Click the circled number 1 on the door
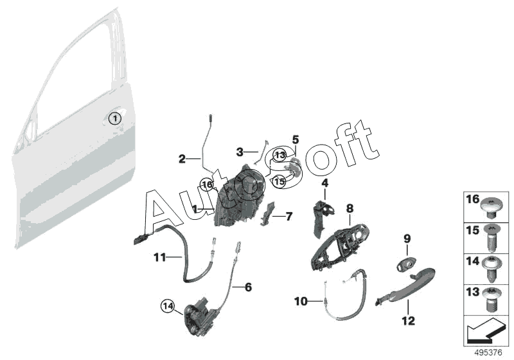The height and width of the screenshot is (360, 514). click(114, 118)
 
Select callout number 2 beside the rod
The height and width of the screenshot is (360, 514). click(182, 158)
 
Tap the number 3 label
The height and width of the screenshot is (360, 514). click(240, 152)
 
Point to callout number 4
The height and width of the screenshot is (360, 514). click(324, 183)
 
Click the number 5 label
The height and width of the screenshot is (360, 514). click(296, 139)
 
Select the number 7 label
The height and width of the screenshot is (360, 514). click(289, 217)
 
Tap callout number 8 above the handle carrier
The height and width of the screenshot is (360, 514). click(350, 208)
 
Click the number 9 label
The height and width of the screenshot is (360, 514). click(406, 239)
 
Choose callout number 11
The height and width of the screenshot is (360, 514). click(160, 257)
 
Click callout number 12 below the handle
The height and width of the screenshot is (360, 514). click(409, 319)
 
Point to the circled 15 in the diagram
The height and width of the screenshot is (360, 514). click(278, 182)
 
